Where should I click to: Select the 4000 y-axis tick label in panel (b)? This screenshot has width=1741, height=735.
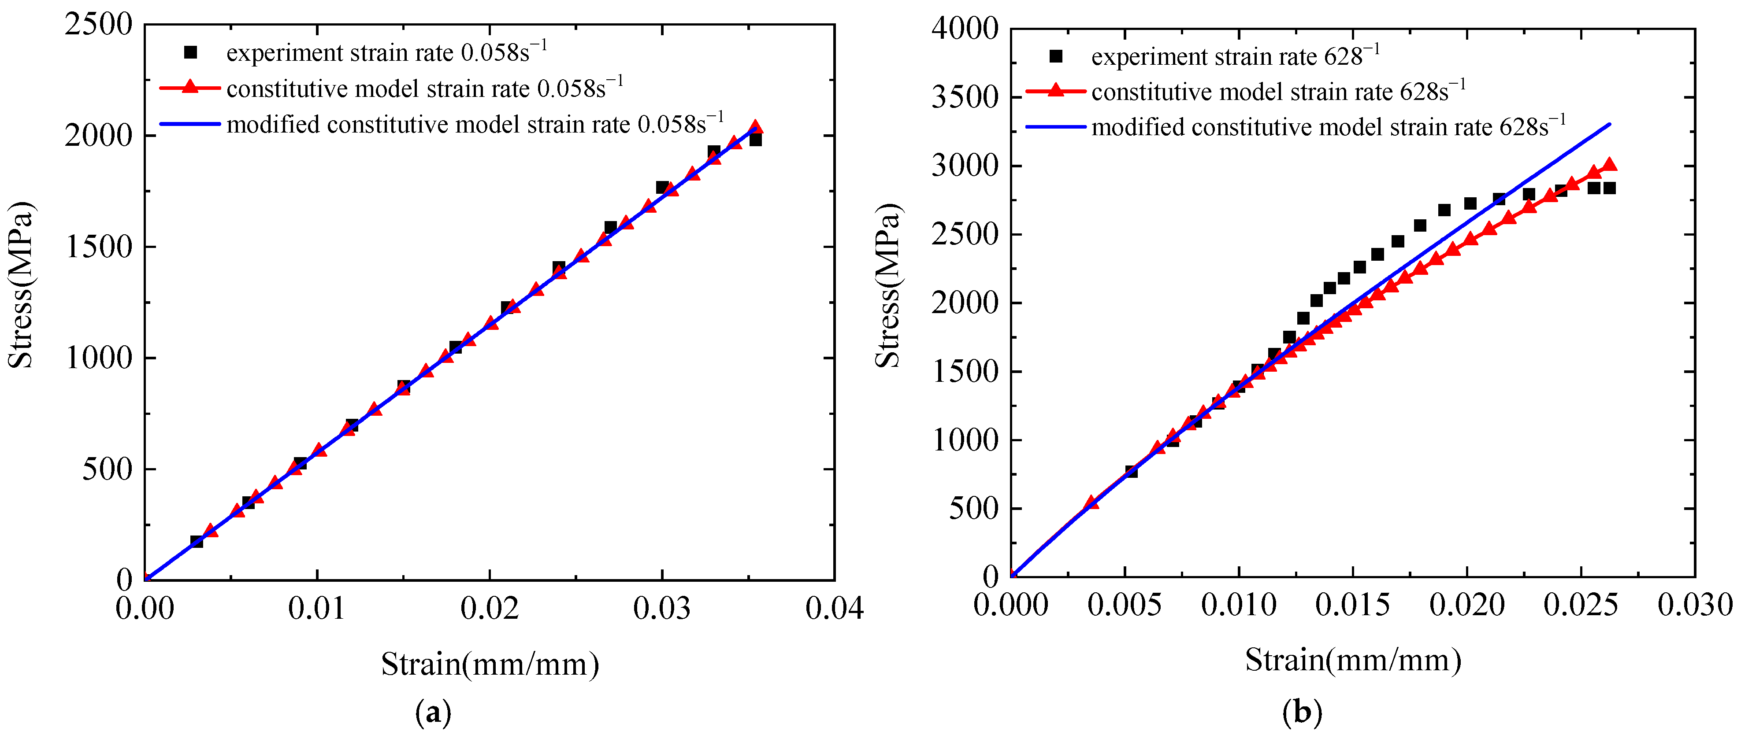(x=965, y=29)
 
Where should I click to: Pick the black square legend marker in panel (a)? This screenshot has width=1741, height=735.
(x=191, y=52)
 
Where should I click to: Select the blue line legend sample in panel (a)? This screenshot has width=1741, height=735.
(x=191, y=124)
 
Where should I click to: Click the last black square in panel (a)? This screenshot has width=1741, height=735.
(x=755, y=139)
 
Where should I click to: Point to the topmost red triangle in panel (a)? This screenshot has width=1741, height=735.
(x=756, y=127)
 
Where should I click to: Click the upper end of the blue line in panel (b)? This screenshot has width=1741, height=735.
(x=1610, y=124)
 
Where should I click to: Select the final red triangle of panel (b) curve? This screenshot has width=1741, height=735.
(x=1609, y=164)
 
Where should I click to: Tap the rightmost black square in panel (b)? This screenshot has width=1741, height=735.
(x=1609, y=188)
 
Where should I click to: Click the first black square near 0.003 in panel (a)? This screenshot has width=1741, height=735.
(x=197, y=541)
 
